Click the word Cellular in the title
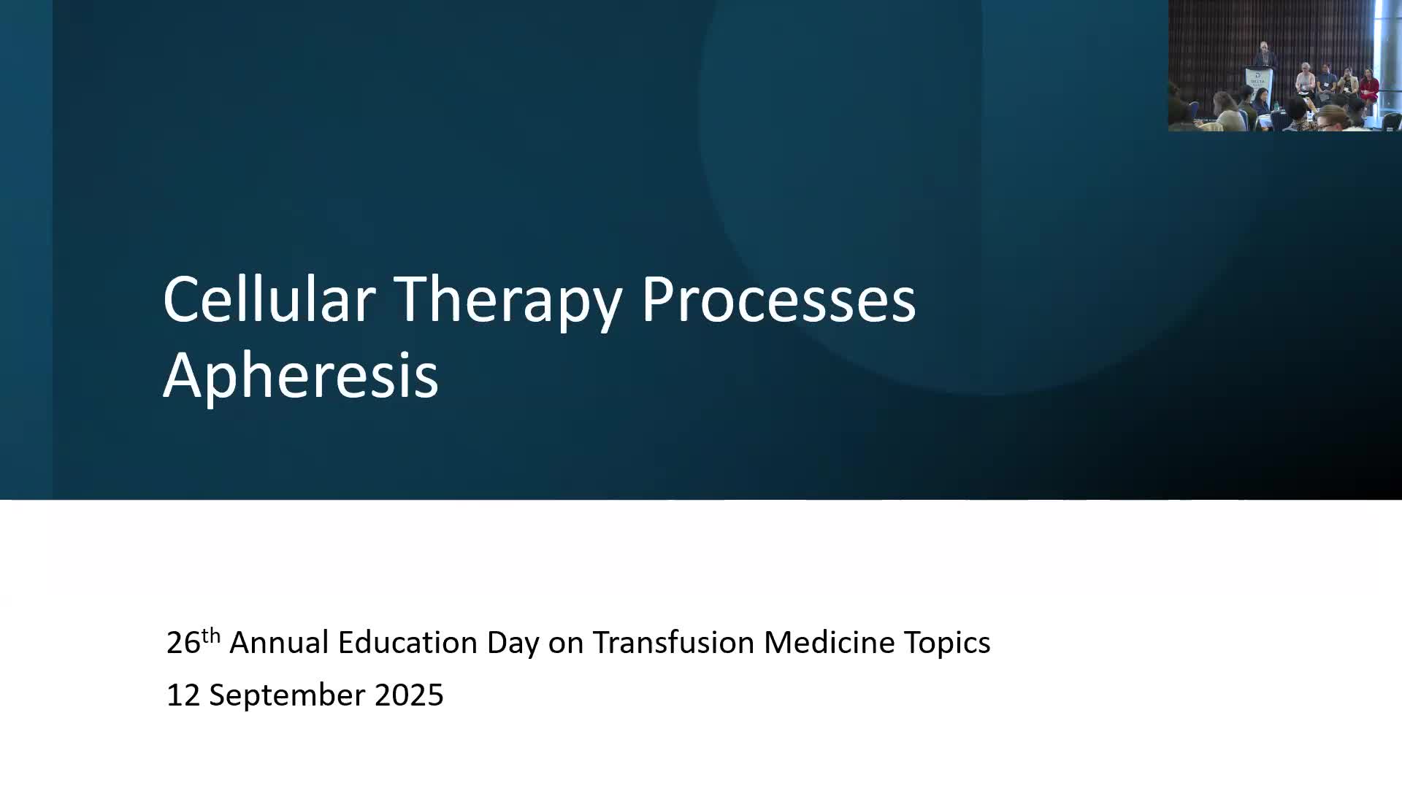(x=269, y=299)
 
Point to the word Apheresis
(x=300, y=375)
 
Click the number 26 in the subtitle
(x=183, y=643)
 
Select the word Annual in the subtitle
(x=279, y=643)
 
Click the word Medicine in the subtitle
(x=830, y=643)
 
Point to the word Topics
(x=947, y=645)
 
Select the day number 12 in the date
(x=183, y=695)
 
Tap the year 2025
(x=409, y=695)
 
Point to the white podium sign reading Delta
(x=1258, y=78)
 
